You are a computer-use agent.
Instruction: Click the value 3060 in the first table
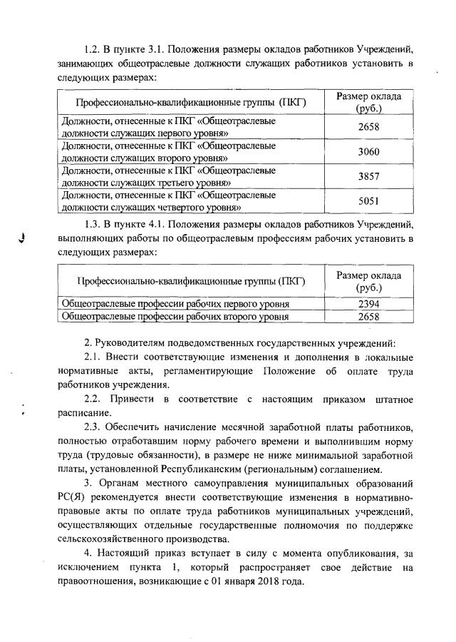368,152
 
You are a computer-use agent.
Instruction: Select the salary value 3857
368,175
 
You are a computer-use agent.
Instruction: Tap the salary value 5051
368,200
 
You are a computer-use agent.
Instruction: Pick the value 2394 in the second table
368,303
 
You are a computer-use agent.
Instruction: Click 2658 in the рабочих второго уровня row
368,315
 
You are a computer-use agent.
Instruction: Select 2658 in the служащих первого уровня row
368,127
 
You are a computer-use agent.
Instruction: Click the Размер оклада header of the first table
368,102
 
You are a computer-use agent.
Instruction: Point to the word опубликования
353,552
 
